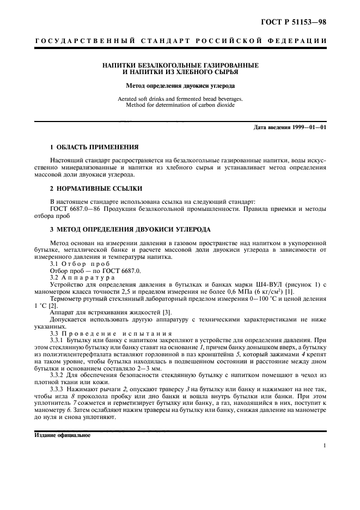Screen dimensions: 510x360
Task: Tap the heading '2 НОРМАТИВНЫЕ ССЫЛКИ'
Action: point(89,189)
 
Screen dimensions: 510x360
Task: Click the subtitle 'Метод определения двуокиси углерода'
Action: point(180,85)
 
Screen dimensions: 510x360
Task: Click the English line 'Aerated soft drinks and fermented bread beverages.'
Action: point(180,99)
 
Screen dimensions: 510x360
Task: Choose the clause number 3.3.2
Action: point(57,375)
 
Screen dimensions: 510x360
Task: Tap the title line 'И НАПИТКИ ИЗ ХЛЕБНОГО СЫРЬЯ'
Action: point(180,71)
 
